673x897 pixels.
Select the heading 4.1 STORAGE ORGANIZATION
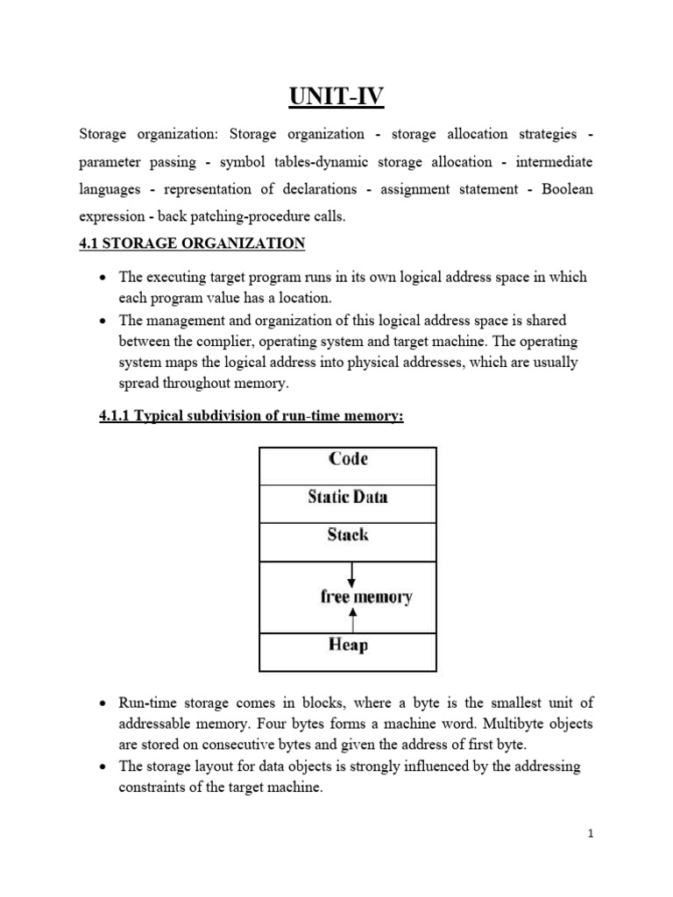tap(192, 243)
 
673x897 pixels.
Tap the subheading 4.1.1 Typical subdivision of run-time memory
tap(252, 416)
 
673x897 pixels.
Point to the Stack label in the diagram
tap(348, 534)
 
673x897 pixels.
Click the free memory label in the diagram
tap(366, 597)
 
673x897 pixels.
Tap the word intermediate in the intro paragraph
tap(554, 162)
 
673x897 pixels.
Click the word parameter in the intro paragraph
tap(110, 162)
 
